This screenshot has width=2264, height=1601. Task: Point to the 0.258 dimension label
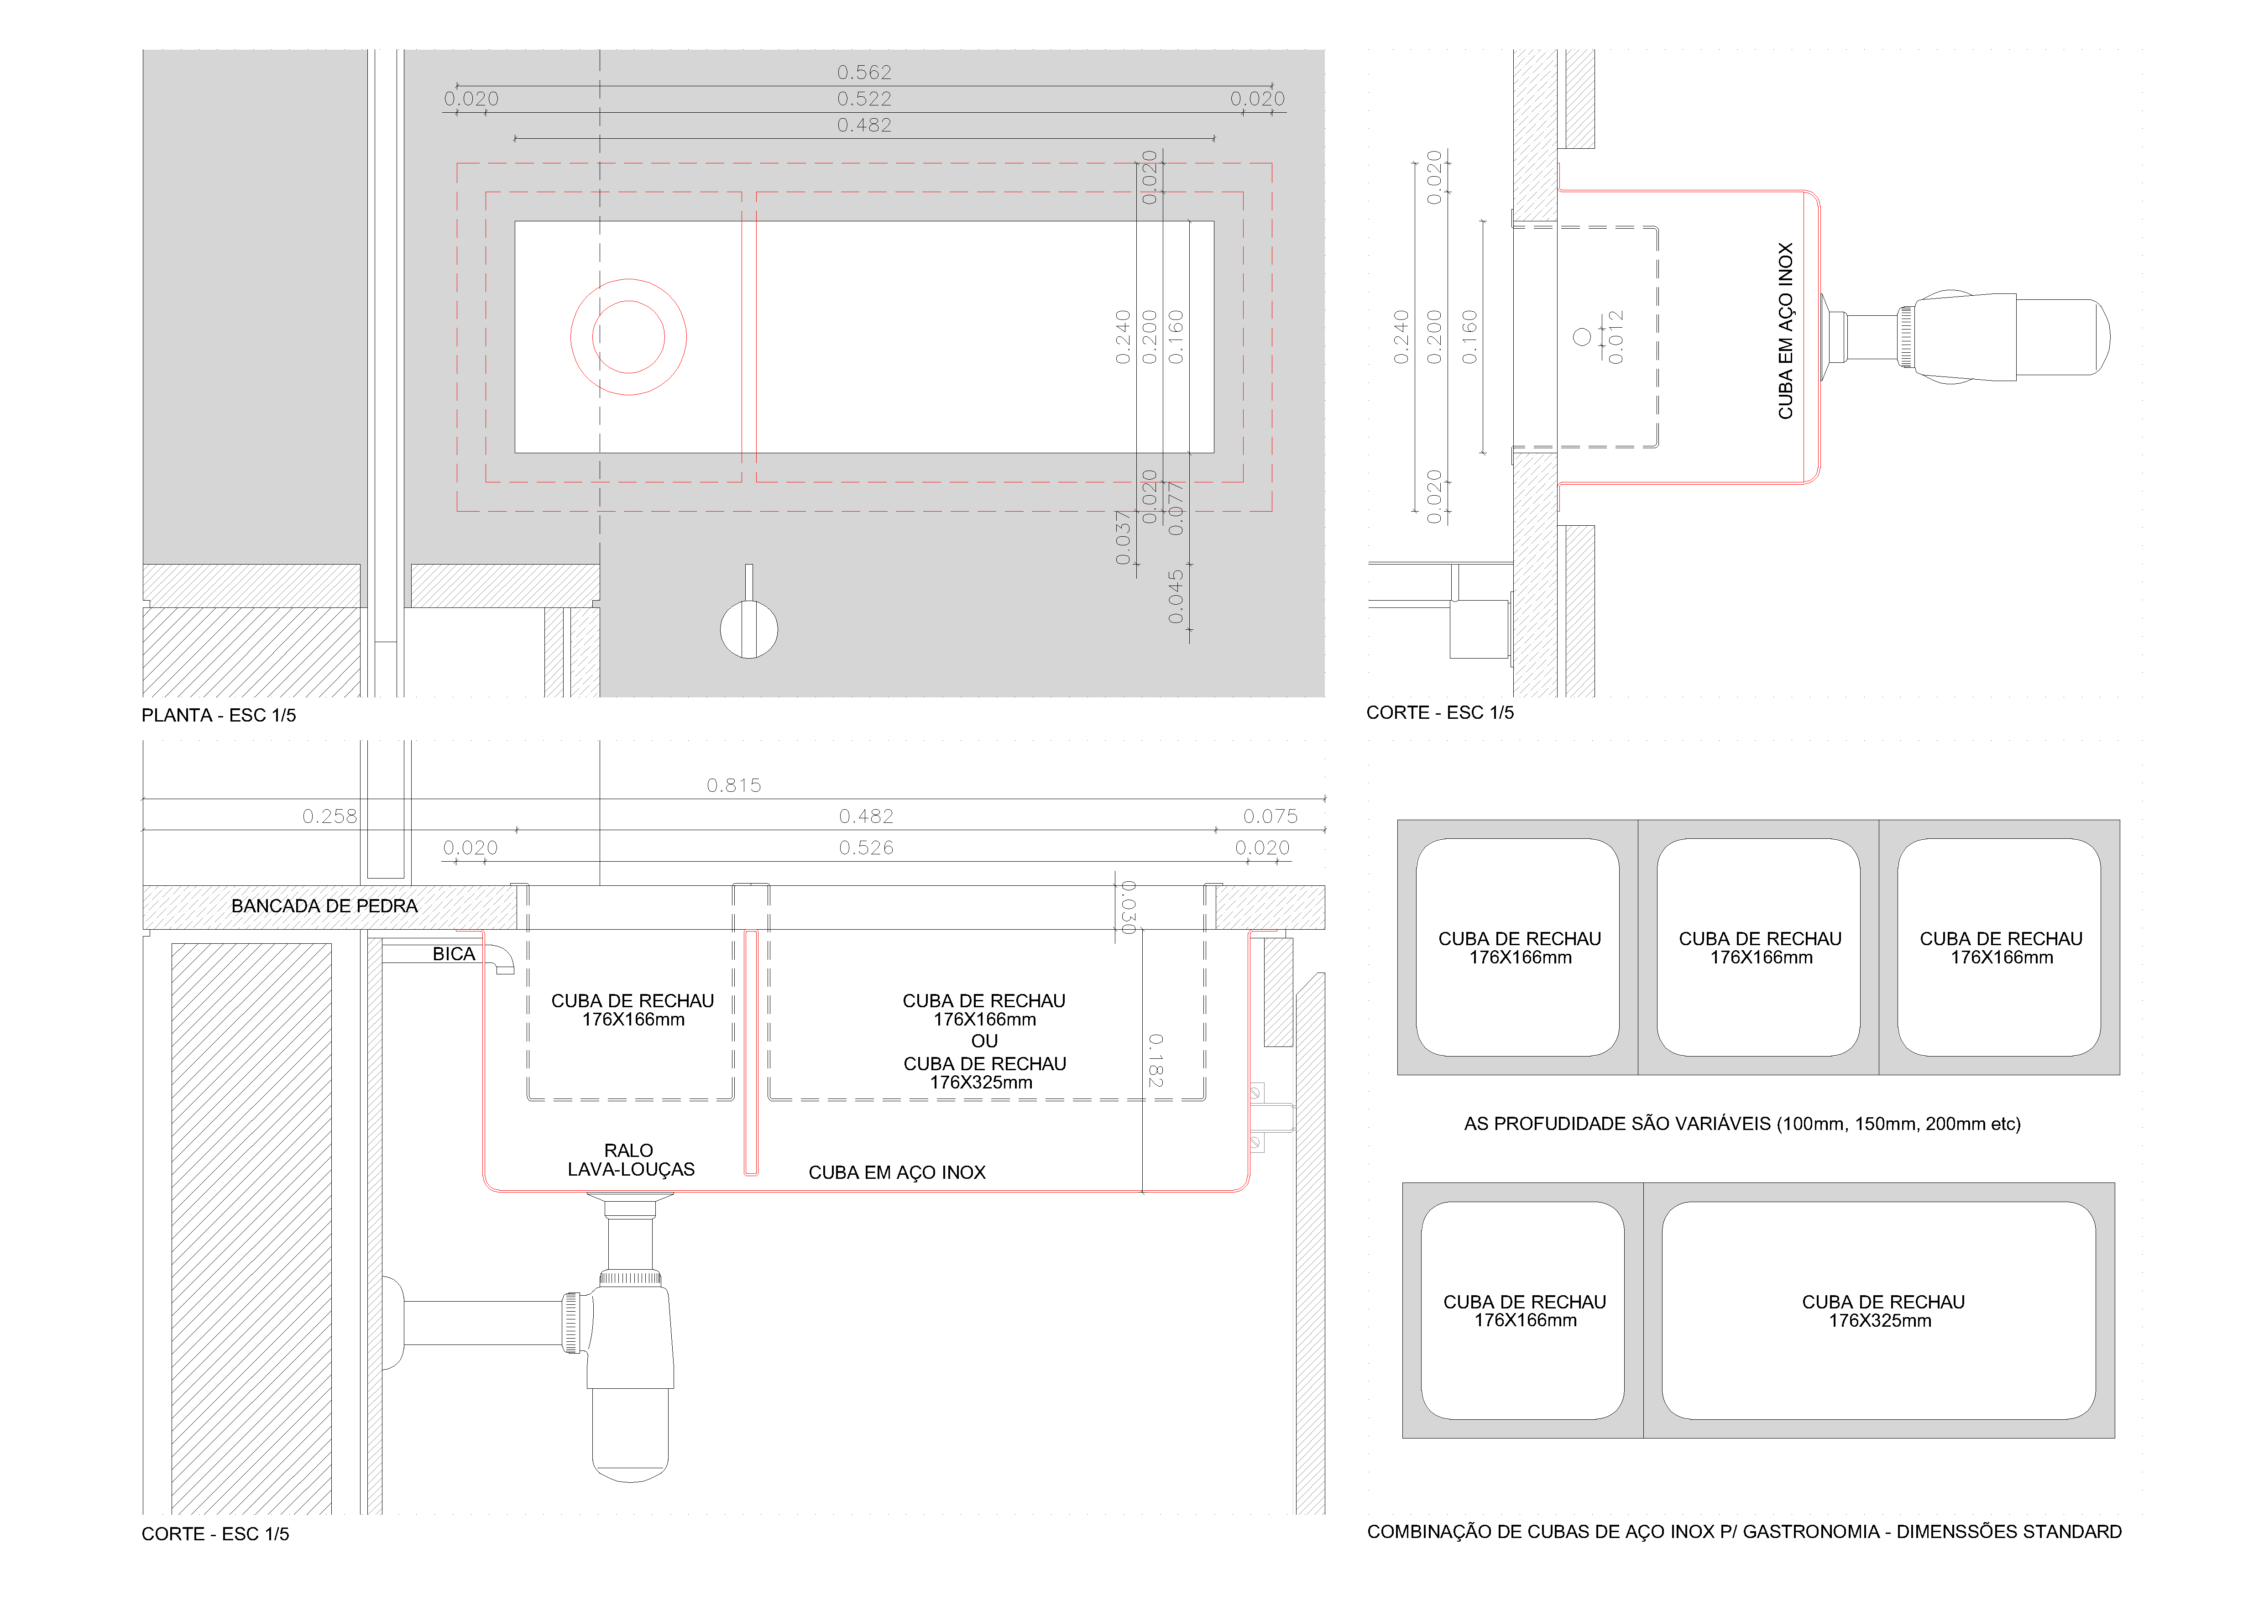coord(329,816)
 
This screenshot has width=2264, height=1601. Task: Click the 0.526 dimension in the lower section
coord(866,848)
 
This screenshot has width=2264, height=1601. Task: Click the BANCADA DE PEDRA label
coord(324,906)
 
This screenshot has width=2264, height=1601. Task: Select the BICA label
coord(454,954)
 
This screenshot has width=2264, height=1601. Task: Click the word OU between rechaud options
coord(984,1041)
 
